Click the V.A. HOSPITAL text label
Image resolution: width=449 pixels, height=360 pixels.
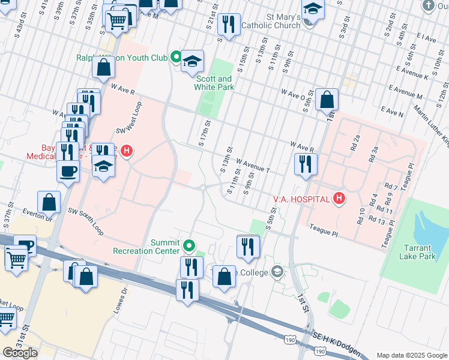[301, 199]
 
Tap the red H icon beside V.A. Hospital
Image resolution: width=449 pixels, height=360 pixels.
[339, 198]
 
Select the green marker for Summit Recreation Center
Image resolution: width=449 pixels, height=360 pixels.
[189, 245]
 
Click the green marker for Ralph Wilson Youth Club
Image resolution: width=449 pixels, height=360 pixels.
[176, 58]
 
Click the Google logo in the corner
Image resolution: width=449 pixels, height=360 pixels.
[20, 352]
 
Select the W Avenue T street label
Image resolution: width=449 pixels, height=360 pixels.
[253, 165]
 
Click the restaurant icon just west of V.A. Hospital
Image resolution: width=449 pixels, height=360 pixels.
[306, 164]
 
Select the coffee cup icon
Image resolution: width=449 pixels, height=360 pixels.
[67, 170]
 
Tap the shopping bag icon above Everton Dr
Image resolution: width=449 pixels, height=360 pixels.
[49, 202]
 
